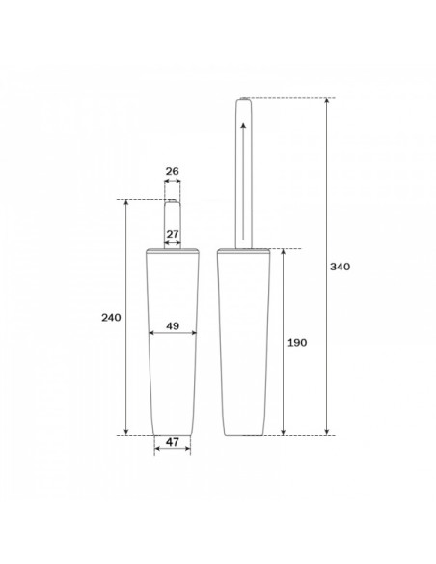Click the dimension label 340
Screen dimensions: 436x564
[x=340, y=267]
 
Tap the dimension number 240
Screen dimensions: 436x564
[x=111, y=317]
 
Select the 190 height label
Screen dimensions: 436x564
[x=297, y=343]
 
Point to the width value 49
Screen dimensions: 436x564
[x=173, y=326]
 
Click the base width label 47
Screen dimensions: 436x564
[x=173, y=442]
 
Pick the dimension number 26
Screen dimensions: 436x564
[x=173, y=171]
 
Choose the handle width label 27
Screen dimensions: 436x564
[x=173, y=234]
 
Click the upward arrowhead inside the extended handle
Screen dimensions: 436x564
[x=243, y=126]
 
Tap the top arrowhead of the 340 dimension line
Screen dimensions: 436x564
[x=326, y=100]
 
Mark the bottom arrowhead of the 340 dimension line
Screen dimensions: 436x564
[x=326, y=432]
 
